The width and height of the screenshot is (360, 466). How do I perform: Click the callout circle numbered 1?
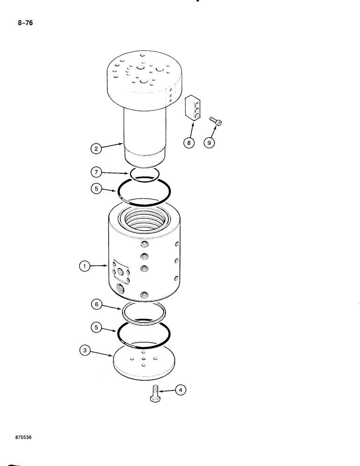coord(84,267)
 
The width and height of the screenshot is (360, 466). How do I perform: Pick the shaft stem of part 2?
coord(145,135)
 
